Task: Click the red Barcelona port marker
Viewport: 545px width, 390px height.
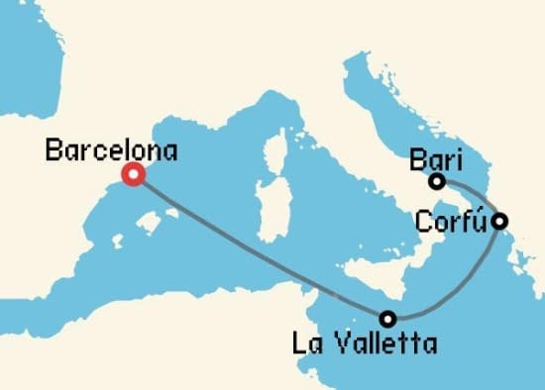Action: pos(132,175)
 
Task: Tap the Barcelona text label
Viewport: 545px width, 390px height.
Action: pos(111,151)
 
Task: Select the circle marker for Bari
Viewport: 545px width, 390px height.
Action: pos(436,181)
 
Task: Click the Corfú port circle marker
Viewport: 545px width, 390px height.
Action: pos(501,221)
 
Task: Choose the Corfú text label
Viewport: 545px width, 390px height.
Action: pos(455,219)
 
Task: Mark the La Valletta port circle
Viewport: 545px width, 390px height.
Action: pos(387,319)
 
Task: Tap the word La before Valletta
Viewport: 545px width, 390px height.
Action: pos(306,344)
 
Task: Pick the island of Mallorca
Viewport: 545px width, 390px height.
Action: pos(148,225)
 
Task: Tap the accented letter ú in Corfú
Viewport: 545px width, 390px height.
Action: pos(485,219)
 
